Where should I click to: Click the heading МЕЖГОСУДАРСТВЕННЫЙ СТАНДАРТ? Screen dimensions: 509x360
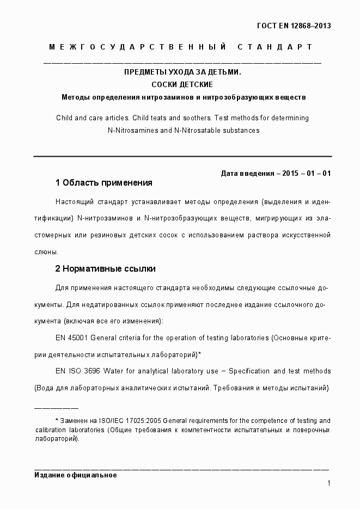(x=180, y=47)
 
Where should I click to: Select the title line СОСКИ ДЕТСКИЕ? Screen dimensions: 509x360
(x=182, y=84)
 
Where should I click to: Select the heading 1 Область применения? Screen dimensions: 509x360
(x=103, y=182)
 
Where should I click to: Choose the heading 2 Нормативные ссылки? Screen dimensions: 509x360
(x=105, y=268)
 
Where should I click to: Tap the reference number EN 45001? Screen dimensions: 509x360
(x=71, y=338)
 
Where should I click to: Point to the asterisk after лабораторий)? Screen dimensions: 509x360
(x=200, y=354)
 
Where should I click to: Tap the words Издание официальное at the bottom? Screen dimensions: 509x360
(x=76, y=475)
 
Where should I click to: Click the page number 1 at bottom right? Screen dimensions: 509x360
(x=329, y=483)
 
